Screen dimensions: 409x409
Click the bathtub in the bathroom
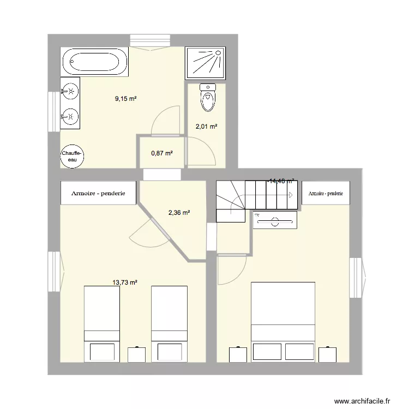[x=95, y=61]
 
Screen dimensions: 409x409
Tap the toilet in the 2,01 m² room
[x=207, y=98]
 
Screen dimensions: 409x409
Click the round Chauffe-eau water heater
[x=72, y=157]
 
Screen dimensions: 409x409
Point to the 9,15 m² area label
[x=125, y=99]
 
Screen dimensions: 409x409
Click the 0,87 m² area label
[x=162, y=154]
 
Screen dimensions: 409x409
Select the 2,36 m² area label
[x=179, y=213]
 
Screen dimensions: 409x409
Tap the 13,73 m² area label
[x=124, y=282]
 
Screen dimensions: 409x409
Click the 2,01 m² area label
[x=207, y=127]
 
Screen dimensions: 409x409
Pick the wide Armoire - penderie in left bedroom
[x=98, y=193]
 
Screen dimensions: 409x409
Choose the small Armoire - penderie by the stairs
[x=326, y=193]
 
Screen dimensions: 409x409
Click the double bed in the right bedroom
[x=282, y=321]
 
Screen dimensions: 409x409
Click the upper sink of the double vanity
[x=69, y=91]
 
